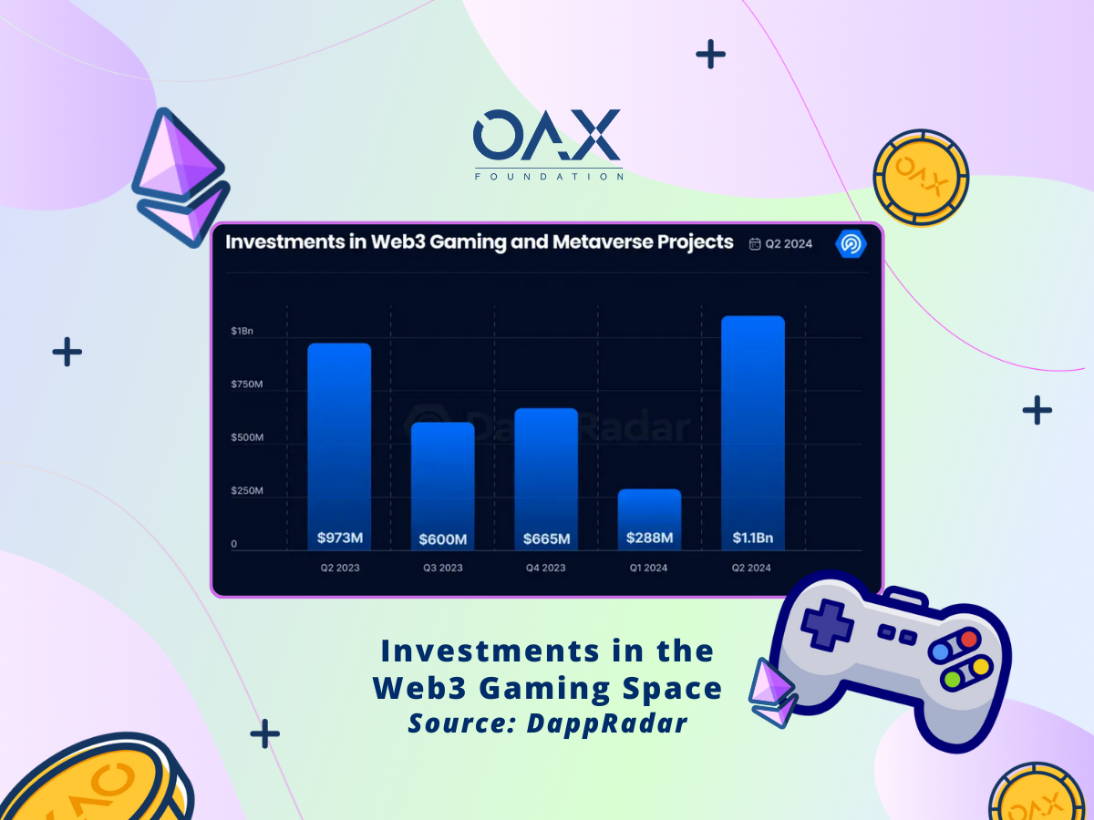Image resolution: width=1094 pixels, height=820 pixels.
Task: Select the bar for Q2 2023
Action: pos(339,446)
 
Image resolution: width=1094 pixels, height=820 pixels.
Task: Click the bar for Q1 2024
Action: pos(649,519)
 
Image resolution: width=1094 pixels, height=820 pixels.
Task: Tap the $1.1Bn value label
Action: pos(753,538)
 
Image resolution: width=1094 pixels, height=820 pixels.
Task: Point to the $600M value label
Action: pos(442,539)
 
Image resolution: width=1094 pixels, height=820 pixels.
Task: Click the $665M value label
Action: pos(546,538)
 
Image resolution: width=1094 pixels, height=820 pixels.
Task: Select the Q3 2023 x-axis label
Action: pos(442,568)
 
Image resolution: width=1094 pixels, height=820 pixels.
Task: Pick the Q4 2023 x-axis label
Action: pos(546,568)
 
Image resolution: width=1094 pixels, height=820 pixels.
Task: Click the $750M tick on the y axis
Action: pos(247,384)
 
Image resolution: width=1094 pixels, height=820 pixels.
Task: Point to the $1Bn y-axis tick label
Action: pos(243,331)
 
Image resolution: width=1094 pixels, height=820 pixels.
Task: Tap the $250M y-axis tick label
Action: pos(247,490)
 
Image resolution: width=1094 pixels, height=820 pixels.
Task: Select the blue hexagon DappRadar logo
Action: pos(851,243)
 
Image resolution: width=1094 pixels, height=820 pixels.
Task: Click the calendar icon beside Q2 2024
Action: pos(755,243)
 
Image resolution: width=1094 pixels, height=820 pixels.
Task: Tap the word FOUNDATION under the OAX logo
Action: pos(549,177)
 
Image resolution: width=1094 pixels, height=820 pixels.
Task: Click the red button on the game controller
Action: pos(968,639)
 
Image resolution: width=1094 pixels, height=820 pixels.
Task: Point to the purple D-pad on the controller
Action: pos(828,625)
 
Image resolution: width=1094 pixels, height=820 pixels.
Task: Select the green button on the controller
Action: pos(953,679)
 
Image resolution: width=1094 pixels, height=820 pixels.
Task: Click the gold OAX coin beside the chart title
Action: pos(921,178)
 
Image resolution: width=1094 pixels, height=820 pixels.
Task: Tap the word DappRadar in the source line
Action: pos(607,723)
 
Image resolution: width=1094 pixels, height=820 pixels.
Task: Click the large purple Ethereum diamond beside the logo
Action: pos(181,177)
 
